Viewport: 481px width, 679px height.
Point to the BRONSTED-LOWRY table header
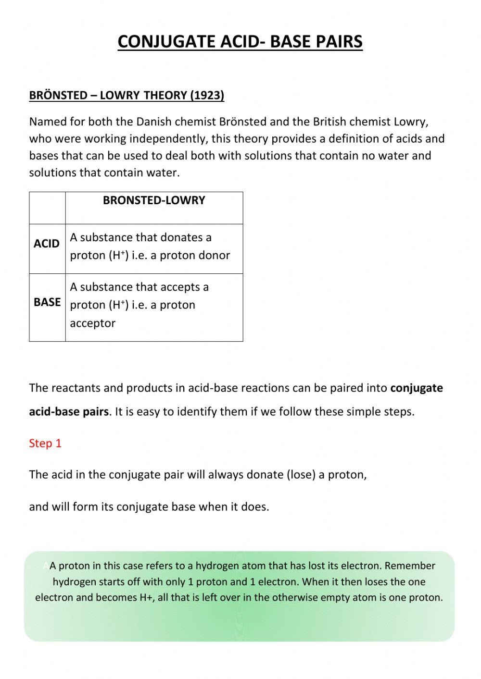tap(154, 200)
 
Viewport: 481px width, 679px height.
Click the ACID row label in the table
tap(47, 244)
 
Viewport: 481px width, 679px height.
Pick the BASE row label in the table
tap(47, 302)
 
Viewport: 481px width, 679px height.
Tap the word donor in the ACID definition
tap(214, 255)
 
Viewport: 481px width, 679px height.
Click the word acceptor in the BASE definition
tap(92, 323)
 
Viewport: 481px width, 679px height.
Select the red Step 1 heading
tap(45, 443)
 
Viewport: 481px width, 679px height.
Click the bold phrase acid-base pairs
tap(69, 412)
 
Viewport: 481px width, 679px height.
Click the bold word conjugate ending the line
tap(417, 388)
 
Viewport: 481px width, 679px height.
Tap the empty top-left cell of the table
tap(47, 208)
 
